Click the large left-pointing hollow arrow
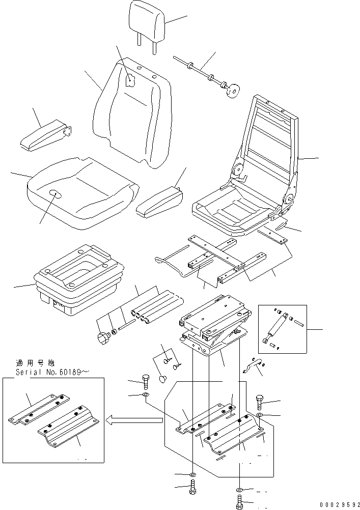133,419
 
